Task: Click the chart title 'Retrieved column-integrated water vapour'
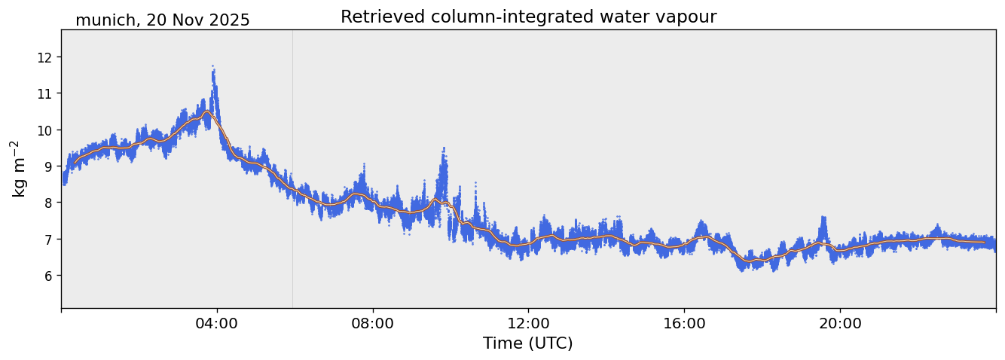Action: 528,17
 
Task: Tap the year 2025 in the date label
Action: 230,21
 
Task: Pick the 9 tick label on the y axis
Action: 48,166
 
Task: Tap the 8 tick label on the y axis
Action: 48,203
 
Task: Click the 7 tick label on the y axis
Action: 48,239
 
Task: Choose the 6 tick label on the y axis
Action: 48,276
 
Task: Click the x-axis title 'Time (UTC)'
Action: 528,344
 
